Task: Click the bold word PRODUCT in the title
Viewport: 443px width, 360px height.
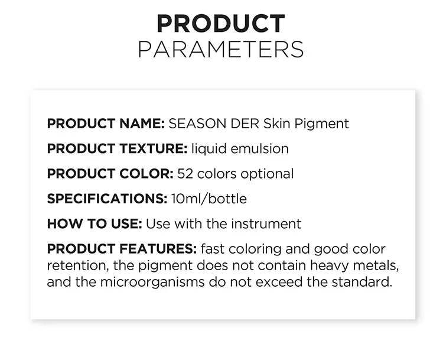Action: pos(221,24)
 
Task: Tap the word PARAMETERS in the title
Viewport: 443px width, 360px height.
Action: pos(221,50)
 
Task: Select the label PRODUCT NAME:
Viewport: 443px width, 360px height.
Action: pos(106,124)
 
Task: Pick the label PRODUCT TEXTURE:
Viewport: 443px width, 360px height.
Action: pos(118,149)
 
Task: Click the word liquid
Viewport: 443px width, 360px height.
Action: pos(209,149)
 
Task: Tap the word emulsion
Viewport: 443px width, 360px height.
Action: pos(260,149)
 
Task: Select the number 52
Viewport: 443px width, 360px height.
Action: pos(185,174)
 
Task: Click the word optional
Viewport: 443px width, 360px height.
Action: pos(267,174)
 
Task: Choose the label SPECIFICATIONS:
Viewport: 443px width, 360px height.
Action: pos(108,199)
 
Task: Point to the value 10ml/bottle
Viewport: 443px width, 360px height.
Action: pos(209,199)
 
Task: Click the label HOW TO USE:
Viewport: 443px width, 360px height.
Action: pos(95,224)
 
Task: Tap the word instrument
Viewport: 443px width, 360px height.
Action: pos(266,224)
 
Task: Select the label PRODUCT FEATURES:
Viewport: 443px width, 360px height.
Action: pos(122,249)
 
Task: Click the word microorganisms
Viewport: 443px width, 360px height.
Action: pos(152,283)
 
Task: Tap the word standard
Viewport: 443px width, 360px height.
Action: pos(362,282)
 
